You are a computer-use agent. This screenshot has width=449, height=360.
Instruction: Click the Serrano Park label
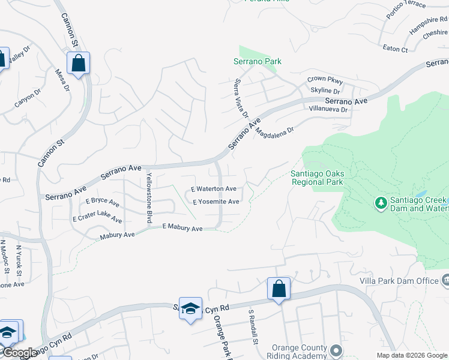coord(258,61)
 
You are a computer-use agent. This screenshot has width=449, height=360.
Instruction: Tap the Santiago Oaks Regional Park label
coord(316,178)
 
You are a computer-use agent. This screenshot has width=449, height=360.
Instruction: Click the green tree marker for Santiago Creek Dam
coord(381,203)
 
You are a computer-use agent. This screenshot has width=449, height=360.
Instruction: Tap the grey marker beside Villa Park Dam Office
coord(445,280)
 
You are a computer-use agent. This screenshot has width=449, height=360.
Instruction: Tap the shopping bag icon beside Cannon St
coord(78,62)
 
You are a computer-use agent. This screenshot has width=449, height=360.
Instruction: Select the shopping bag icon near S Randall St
coord(279,289)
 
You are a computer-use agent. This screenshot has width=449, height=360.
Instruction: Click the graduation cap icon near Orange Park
coord(190,308)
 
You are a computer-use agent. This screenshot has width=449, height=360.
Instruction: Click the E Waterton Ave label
coord(214,188)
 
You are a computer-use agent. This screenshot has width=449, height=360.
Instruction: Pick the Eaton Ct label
coord(396,49)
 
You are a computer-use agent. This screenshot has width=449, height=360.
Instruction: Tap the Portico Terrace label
coord(406,5)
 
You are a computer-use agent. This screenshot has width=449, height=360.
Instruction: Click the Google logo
coord(19,353)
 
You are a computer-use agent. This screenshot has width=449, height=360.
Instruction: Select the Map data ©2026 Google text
coord(412,355)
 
